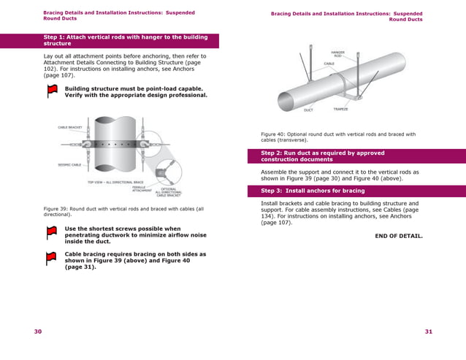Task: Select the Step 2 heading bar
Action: pyautogui.click(x=356, y=156)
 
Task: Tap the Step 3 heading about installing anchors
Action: pyautogui.click(x=356, y=191)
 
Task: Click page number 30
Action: pyautogui.click(x=38, y=332)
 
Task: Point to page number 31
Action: pyautogui.click(x=429, y=332)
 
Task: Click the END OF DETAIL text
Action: pyautogui.click(x=398, y=236)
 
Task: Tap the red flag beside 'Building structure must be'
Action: pyautogui.click(x=52, y=91)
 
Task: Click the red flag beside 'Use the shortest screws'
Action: pyautogui.click(x=52, y=232)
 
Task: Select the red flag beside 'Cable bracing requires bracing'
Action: pyautogui.click(x=52, y=258)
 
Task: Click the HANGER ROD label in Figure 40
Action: pyautogui.click(x=337, y=54)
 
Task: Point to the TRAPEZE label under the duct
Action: pyautogui.click(x=340, y=110)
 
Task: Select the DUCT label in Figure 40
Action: pyautogui.click(x=308, y=110)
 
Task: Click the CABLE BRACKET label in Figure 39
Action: pyautogui.click(x=70, y=128)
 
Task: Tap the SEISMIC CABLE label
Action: pyautogui.click(x=69, y=165)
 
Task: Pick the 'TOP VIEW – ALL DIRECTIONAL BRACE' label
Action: pyautogui.click(x=115, y=182)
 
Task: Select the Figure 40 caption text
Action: pyautogui.click(x=338, y=137)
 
